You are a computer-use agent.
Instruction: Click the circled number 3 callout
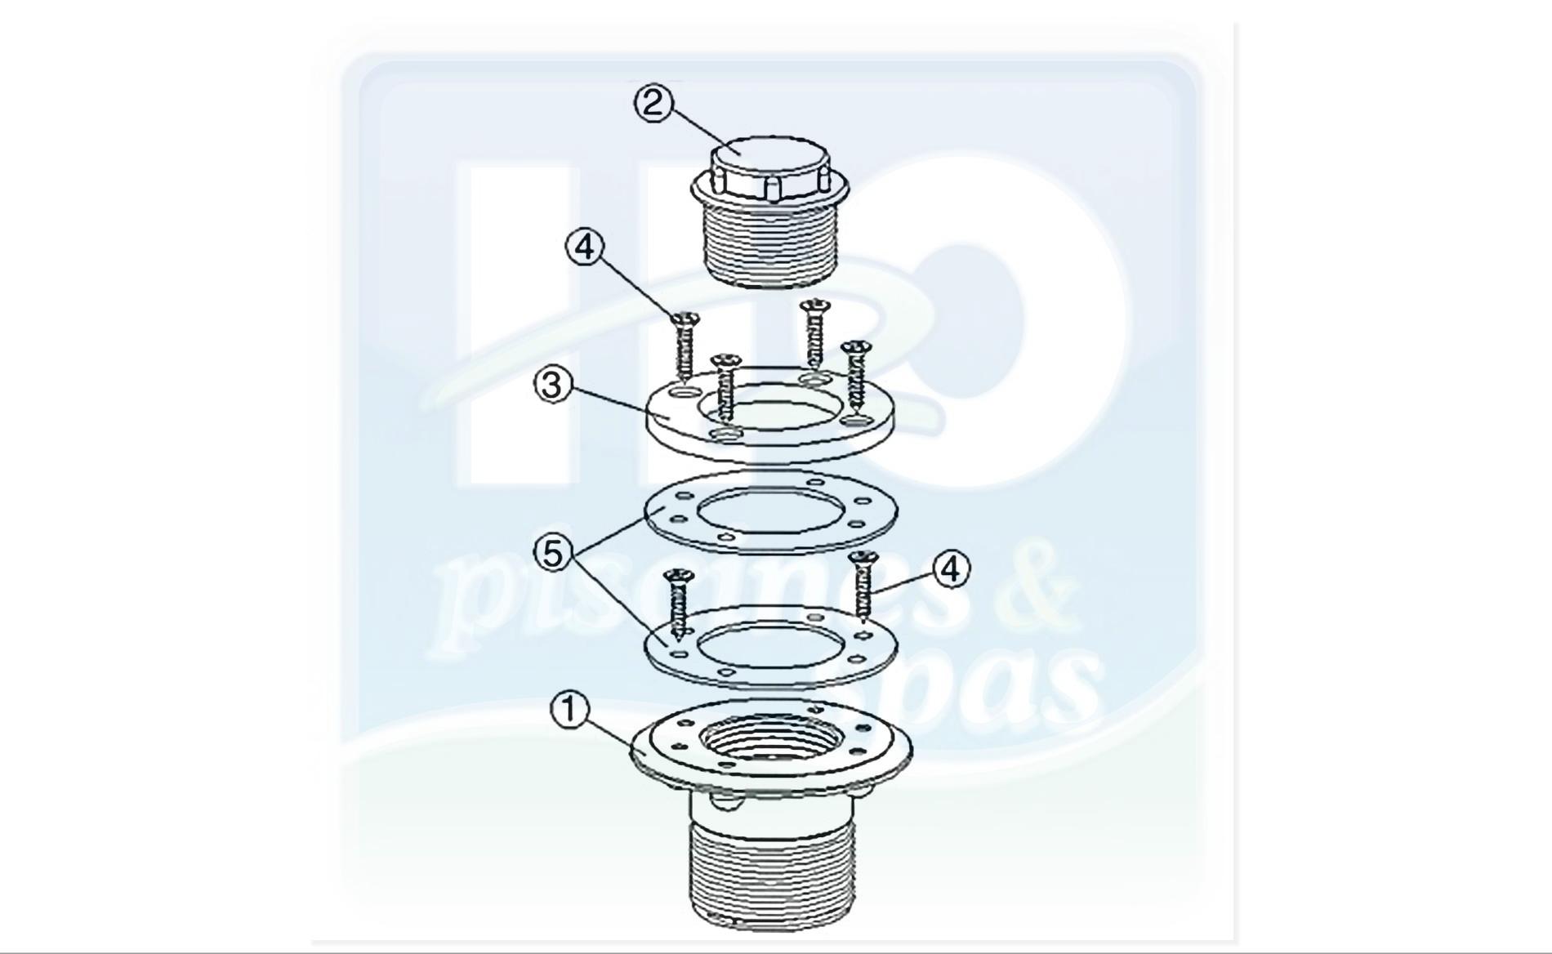(x=553, y=385)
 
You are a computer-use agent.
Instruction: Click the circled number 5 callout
(x=553, y=553)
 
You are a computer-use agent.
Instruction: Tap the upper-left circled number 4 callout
(x=585, y=247)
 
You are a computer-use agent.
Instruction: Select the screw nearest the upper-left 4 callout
(x=685, y=351)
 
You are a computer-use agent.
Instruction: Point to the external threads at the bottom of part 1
(x=772, y=874)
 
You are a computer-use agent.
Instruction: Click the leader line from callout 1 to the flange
(x=608, y=729)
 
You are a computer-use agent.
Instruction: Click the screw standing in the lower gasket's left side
(x=678, y=602)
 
